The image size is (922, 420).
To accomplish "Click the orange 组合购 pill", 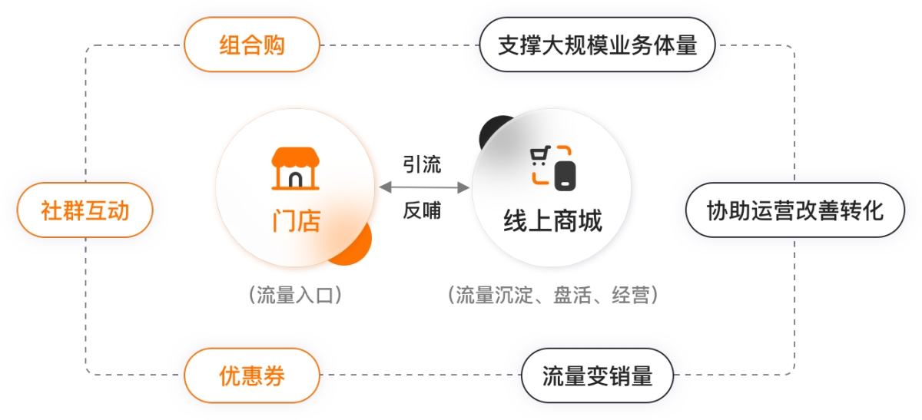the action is tap(252, 45).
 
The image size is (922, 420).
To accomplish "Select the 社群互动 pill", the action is tap(85, 210).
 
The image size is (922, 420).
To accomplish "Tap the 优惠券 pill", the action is tap(252, 375).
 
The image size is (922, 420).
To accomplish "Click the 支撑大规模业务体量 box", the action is tap(597, 45).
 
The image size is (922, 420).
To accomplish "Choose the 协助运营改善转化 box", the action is tap(795, 210).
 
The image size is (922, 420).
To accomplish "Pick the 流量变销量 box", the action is tap(597, 375).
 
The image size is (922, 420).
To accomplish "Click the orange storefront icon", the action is tap(296, 169).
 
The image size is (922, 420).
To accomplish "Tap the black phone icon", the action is tap(565, 176).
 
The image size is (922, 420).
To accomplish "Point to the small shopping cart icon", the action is tap(540, 156).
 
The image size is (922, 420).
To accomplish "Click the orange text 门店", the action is tap(297, 221).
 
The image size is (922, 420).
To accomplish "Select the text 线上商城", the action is tap(552, 221).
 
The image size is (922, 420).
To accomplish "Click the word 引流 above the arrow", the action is tap(422, 164).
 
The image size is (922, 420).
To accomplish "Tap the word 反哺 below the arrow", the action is tap(422, 210).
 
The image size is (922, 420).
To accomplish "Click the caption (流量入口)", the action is tap(295, 295).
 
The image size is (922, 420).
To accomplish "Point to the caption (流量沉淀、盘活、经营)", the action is tap(552, 295).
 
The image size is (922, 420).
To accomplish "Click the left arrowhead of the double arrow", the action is tap(384, 187).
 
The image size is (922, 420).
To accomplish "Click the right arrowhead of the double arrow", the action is tap(464, 187).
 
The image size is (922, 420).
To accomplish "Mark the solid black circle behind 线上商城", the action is tap(494, 130).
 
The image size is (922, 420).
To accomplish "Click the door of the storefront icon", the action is tap(296, 180).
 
